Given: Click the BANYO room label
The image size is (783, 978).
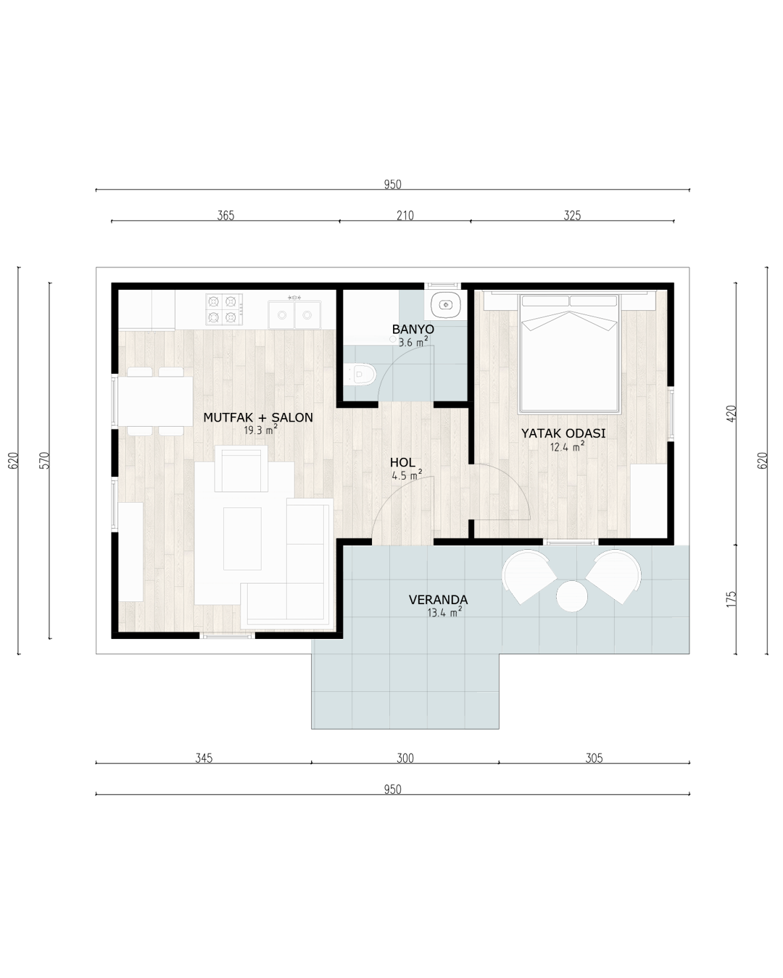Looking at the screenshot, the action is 413,329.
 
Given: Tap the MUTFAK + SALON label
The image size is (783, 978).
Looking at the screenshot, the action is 258,417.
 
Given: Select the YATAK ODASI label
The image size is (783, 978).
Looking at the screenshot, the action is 563,433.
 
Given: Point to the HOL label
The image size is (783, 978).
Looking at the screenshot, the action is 402,463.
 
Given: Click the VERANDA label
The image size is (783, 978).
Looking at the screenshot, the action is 438,600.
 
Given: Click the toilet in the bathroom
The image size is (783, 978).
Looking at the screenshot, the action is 360,375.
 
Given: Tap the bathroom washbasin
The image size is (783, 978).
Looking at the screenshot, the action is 445,304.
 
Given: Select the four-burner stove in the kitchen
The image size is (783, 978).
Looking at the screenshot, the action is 224,309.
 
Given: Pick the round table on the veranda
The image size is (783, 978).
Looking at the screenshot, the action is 572,596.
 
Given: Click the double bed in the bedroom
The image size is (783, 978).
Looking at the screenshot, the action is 570,353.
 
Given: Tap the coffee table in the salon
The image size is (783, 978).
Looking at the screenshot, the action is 242,538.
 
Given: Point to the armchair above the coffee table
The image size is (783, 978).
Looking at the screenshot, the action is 241,469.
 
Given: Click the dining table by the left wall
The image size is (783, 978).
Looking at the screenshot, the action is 155,401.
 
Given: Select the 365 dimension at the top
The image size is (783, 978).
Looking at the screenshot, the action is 225,215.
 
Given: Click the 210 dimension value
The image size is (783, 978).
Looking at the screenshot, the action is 405,215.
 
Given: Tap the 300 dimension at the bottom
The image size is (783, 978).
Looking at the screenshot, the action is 405,758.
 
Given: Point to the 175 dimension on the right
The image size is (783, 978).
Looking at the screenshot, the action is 731,599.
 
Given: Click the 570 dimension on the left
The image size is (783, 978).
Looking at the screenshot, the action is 45,460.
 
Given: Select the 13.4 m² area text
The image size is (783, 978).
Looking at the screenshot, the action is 444,612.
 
